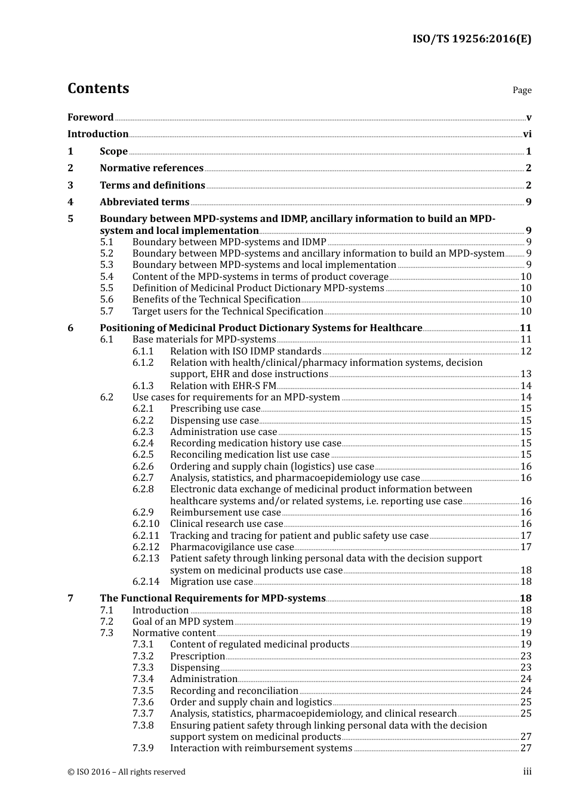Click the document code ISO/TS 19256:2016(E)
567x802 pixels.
472,39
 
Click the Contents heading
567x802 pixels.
98,88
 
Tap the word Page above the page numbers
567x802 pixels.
522,90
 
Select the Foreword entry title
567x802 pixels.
90,118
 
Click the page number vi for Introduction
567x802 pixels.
527,134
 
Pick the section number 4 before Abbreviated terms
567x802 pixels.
70,202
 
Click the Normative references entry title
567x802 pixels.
152,168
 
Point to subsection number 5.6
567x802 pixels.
106,300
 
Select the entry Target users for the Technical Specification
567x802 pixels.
227,311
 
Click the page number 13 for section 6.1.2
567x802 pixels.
526,374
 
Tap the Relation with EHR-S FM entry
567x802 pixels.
223,386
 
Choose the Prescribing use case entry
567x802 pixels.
215,409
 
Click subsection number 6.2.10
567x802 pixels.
146,524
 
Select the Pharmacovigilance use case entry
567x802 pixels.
232,547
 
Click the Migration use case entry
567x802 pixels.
211,582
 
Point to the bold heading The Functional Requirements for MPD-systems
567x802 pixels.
212,599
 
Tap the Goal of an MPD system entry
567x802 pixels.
183,622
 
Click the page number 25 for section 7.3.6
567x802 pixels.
526,702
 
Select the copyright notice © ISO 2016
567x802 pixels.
126,772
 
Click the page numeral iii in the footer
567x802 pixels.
527,772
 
